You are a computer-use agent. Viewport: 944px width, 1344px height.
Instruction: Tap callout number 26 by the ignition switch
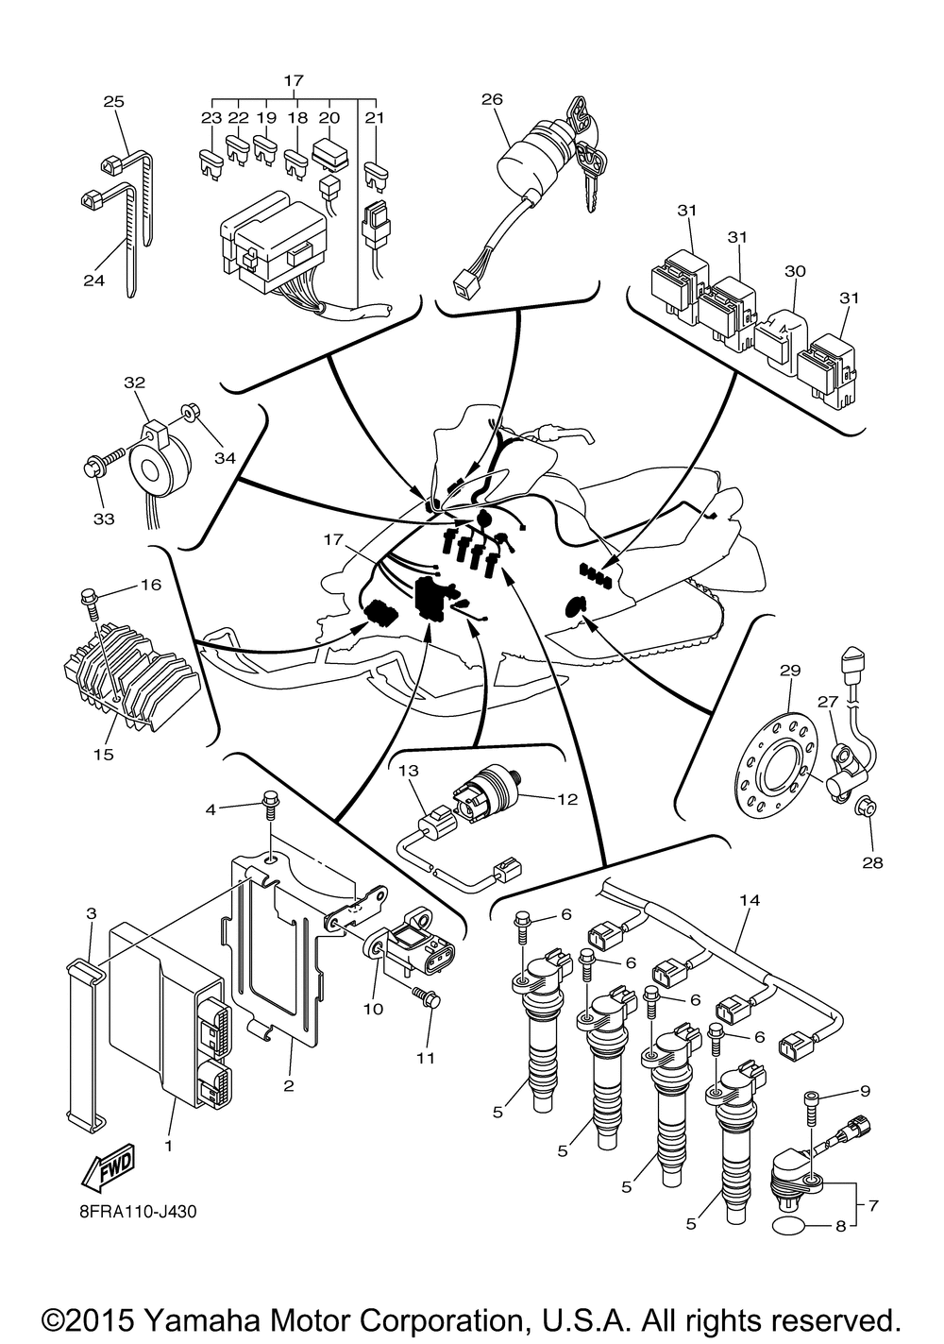(x=492, y=99)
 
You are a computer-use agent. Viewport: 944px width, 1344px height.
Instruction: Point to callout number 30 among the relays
(x=795, y=271)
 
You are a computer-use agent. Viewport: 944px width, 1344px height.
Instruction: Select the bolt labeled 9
(x=810, y=1114)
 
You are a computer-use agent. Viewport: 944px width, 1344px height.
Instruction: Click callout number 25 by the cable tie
(x=113, y=101)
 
